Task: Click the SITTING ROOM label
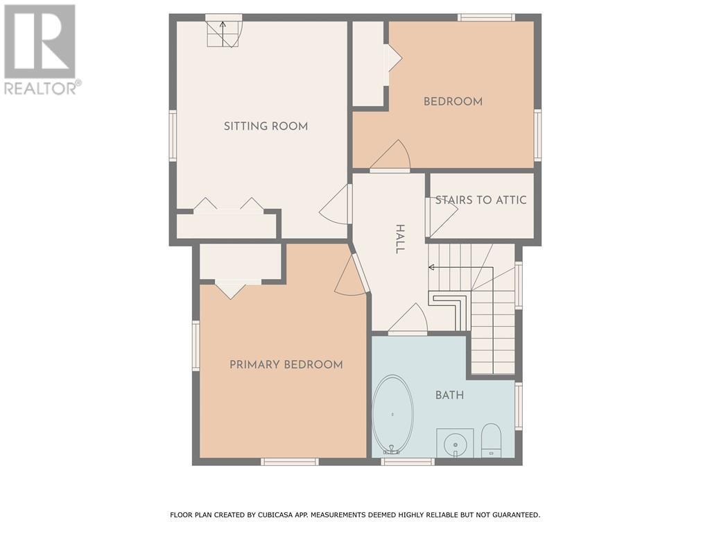coord(266,126)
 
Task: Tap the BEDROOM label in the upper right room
coord(453,101)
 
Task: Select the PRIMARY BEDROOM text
coord(286,364)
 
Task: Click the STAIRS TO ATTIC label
coord(480,200)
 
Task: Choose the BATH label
coord(449,395)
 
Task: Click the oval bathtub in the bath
coord(392,414)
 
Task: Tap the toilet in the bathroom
coord(491,440)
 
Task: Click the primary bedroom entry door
coord(352,278)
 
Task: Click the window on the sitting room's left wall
coord(173,136)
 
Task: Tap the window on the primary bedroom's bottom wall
coord(290,462)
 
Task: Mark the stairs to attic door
coord(440,217)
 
